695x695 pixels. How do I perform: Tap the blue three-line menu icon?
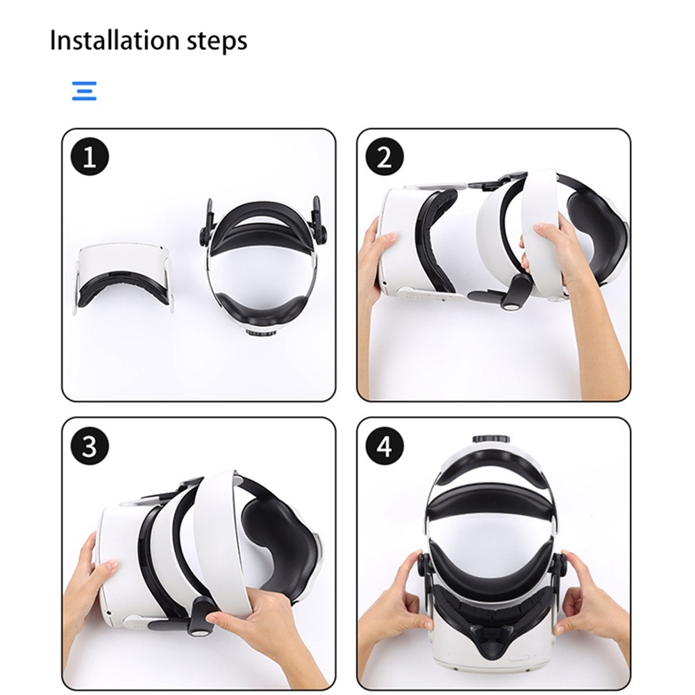84,91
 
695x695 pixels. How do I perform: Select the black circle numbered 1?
90,157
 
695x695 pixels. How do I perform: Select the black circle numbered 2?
384,157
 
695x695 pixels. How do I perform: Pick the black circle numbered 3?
90,446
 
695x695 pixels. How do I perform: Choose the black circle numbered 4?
384,446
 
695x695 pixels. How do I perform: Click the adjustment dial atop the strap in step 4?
491,439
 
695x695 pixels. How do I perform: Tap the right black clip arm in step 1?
319,217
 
